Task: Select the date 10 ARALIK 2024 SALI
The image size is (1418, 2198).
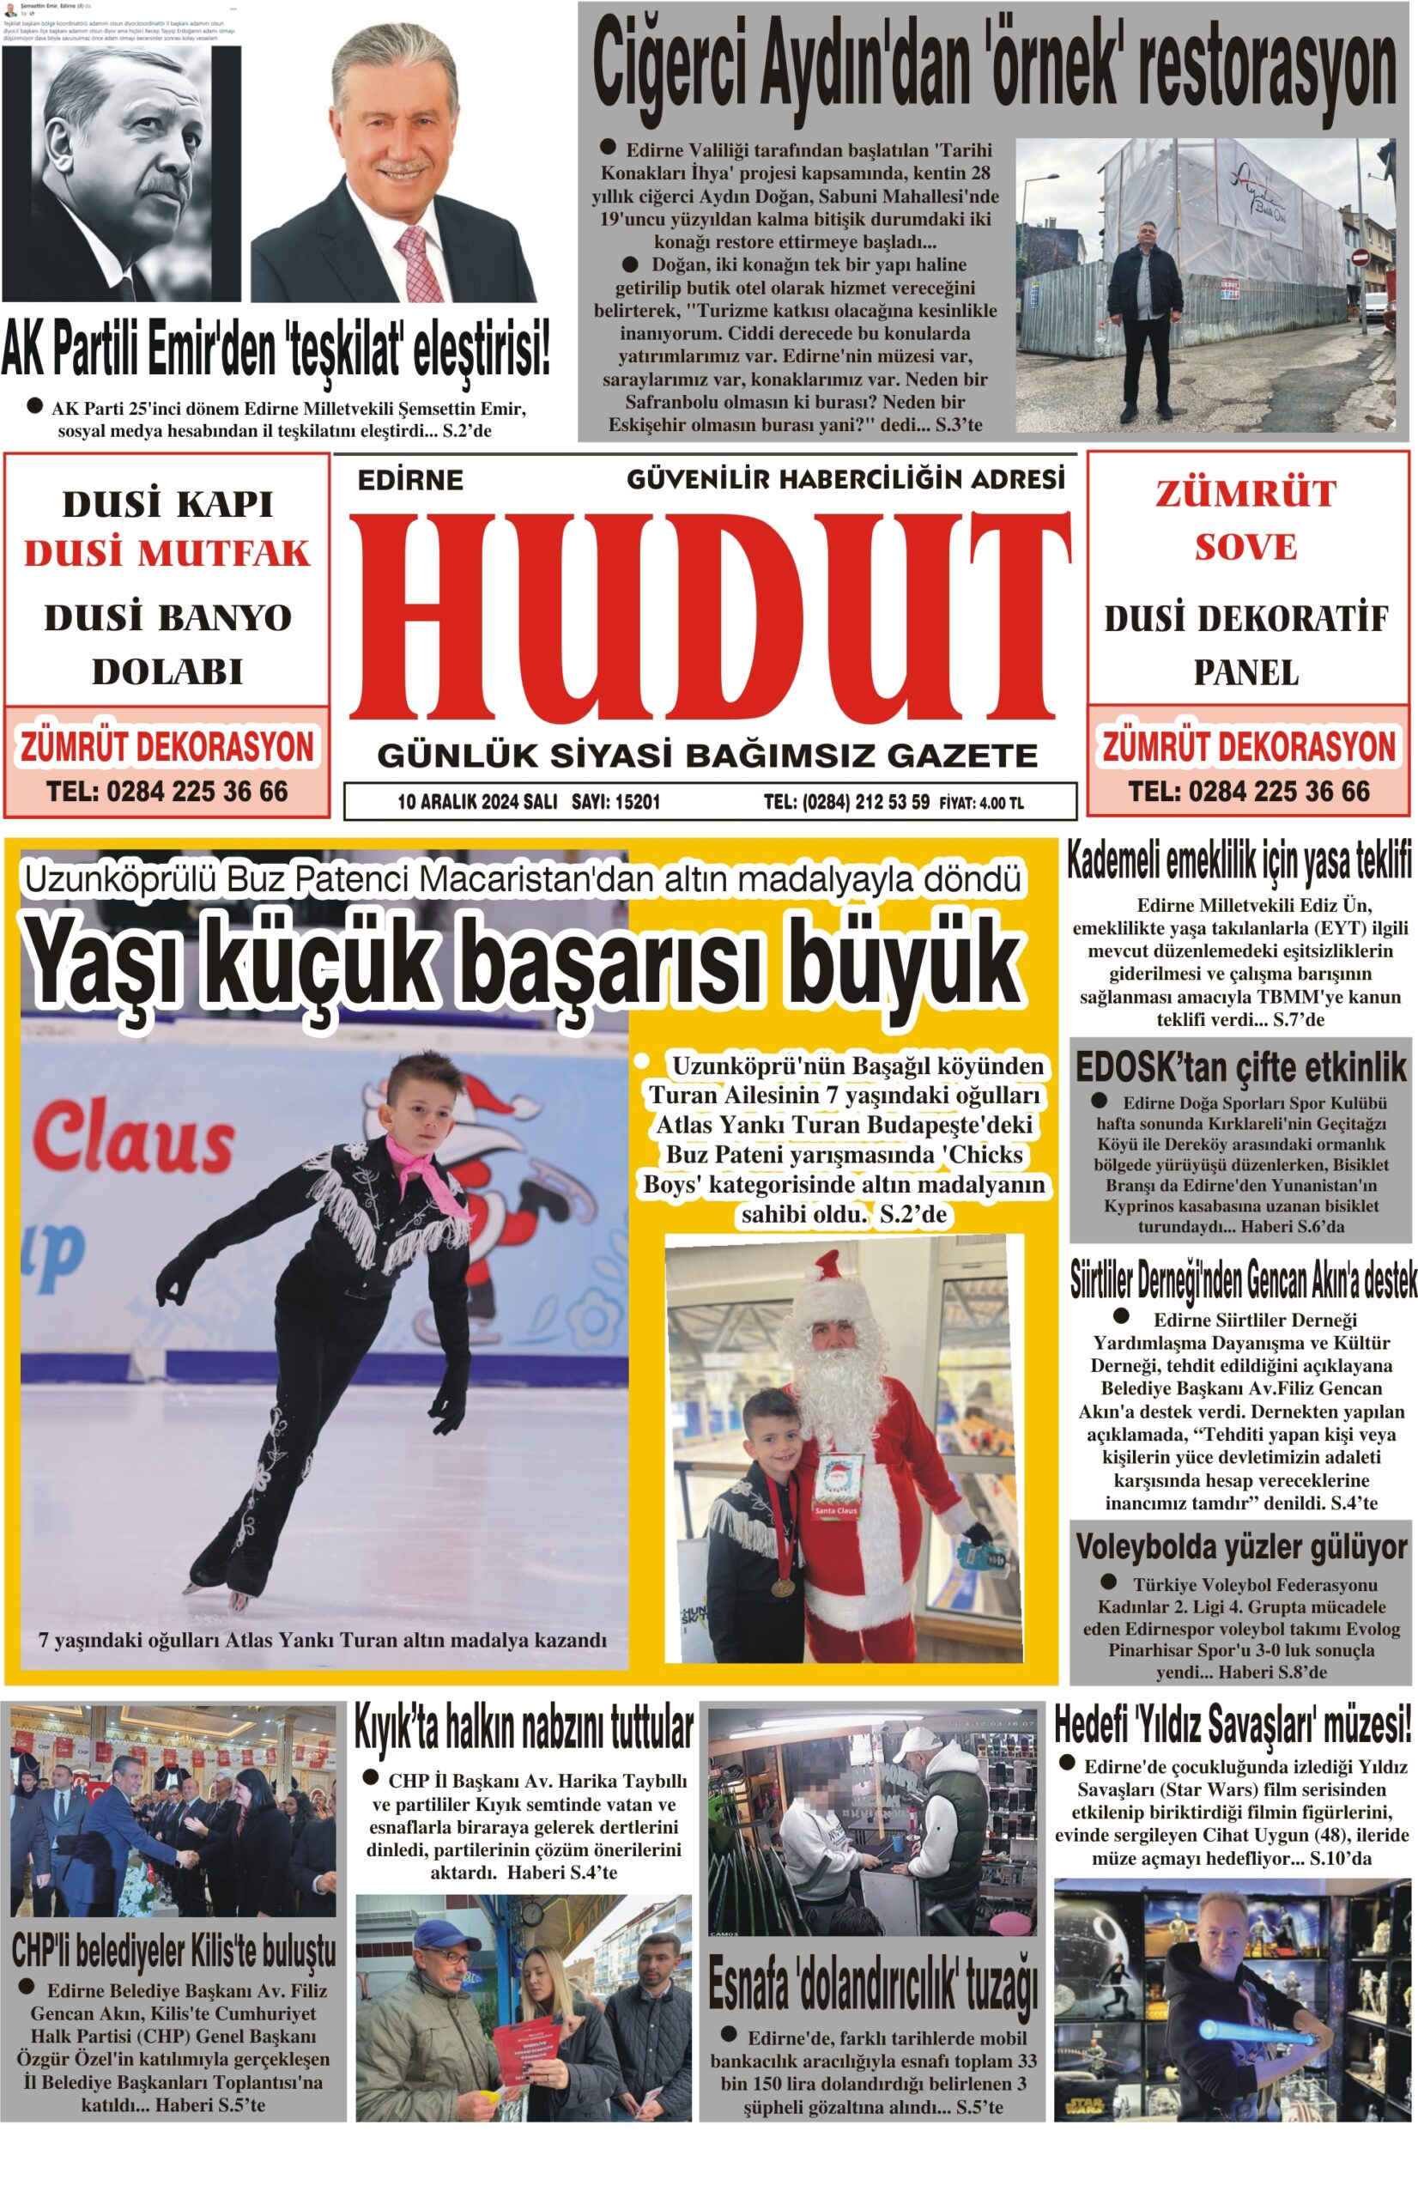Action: (x=477, y=802)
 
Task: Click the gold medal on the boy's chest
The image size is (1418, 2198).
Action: (x=781, y=1588)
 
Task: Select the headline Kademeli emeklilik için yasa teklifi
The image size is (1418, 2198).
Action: (x=1239, y=863)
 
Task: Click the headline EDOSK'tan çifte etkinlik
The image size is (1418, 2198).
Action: (x=1240, y=1067)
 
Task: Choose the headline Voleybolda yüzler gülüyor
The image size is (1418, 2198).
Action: (x=1241, y=1547)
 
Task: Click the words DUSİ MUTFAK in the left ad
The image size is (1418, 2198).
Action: (x=167, y=554)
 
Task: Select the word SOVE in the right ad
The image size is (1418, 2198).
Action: (x=1245, y=547)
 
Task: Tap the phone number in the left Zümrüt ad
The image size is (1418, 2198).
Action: (x=167, y=791)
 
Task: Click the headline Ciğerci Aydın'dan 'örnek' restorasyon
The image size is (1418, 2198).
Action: (x=995, y=67)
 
